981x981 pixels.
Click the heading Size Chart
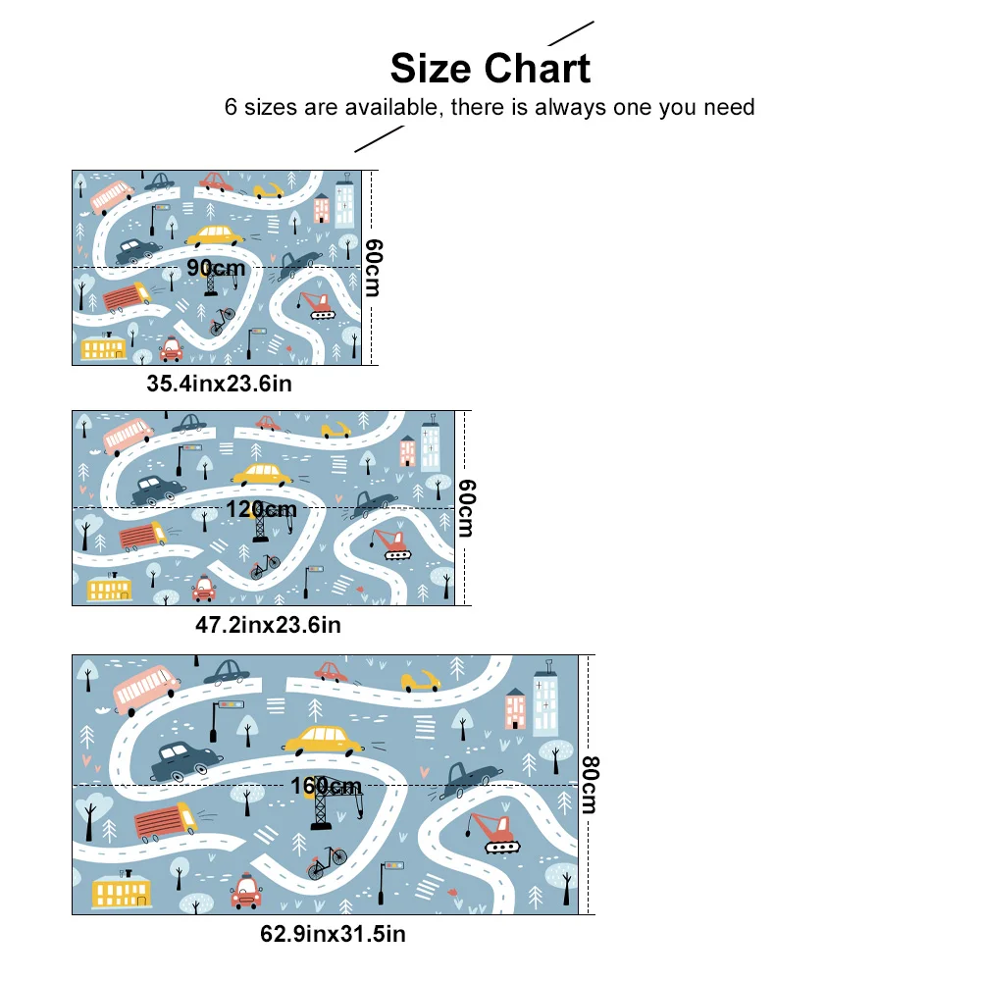490,69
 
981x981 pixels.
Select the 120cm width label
261,508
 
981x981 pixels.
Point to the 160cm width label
326,786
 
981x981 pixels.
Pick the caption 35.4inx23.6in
220,384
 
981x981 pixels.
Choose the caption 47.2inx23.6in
268,624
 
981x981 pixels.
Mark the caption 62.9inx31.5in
332,934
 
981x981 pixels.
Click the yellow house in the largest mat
121,891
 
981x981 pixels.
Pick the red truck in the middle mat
142,537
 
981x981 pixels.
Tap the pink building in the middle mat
408,451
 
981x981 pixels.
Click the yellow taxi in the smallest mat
215,235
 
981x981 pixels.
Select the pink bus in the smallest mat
111,196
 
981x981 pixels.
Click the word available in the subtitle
389,107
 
